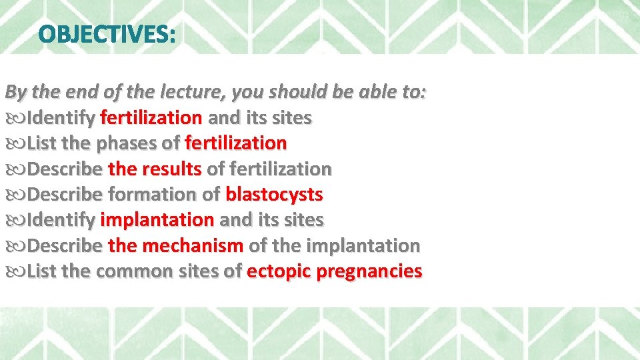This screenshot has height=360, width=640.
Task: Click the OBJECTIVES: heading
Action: click(x=107, y=33)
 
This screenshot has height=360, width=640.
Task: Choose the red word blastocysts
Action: click(x=274, y=195)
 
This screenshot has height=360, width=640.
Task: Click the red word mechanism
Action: click(x=194, y=246)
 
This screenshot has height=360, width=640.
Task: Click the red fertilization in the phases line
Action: click(x=235, y=143)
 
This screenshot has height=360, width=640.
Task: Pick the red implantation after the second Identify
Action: click(x=157, y=220)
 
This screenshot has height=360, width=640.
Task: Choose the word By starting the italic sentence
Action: click(x=15, y=92)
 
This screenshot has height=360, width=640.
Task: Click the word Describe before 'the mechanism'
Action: click(x=65, y=246)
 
